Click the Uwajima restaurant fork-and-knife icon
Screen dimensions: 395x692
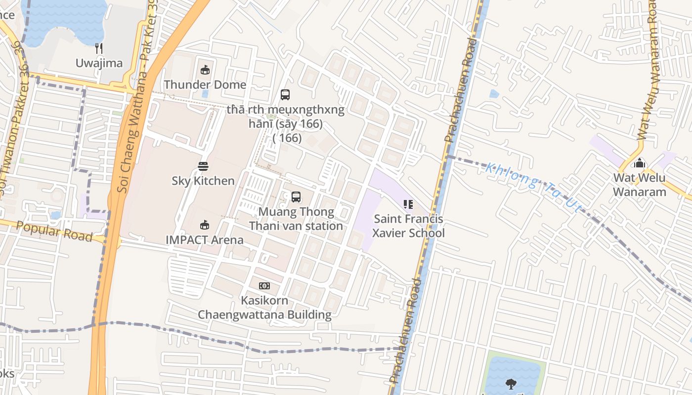coord(99,48)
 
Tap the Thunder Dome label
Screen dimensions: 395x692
coord(205,84)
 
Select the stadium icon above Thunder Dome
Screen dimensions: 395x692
coord(205,70)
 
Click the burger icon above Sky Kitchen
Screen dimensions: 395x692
coord(203,166)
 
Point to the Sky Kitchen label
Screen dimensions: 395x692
coord(203,181)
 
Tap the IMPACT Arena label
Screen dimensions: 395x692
coord(205,240)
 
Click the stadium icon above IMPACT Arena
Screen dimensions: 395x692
coord(204,226)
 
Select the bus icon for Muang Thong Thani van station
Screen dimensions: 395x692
coord(296,197)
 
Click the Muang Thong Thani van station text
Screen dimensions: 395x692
coord(296,219)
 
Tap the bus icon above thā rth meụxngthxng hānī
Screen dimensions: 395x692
coord(285,95)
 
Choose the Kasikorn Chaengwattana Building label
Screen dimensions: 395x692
coord(264,307)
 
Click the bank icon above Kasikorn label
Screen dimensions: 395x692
coord(264,286)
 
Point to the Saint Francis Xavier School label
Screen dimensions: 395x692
coord(408,226)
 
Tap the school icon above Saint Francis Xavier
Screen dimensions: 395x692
coord(408,204)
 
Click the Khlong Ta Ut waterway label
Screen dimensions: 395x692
coord(534,188)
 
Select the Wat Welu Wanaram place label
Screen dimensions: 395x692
coord(640,185)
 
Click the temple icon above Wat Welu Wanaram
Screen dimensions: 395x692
coord(640,163)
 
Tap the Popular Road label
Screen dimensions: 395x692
coord(54,232)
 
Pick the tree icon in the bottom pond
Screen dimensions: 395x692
coord(511,384)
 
